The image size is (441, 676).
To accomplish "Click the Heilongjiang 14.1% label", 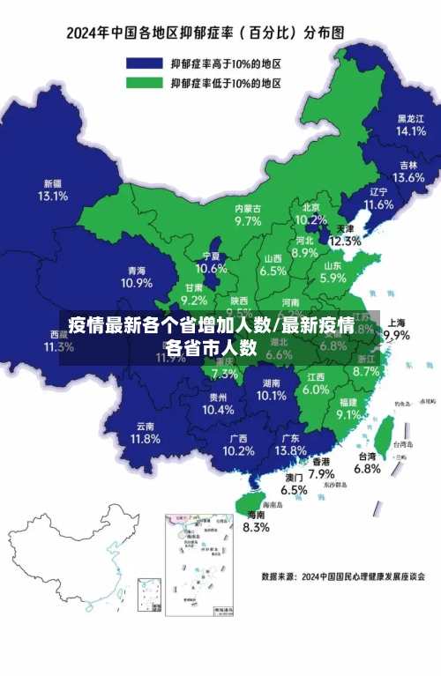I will (410, 124).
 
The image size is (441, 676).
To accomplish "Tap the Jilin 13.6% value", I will (408, 171).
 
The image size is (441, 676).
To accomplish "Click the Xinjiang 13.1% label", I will (52, 190).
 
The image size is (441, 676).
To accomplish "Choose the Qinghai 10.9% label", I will (137, 278).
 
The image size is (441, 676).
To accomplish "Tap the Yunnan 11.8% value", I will (145, 432).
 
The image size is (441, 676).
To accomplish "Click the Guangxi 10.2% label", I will (237, 444).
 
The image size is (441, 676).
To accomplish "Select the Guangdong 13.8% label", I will (289, 444).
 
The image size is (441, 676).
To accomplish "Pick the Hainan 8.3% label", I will (255, 521).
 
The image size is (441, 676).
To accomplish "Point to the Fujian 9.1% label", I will (348, 408).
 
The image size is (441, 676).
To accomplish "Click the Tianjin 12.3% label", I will (345, 234).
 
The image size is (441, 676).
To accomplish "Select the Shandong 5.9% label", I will (333, 271).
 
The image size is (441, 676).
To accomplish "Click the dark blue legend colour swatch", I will (146, 63).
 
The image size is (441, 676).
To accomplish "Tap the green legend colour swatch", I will (146, 83).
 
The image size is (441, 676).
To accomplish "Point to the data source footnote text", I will (343, 577).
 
